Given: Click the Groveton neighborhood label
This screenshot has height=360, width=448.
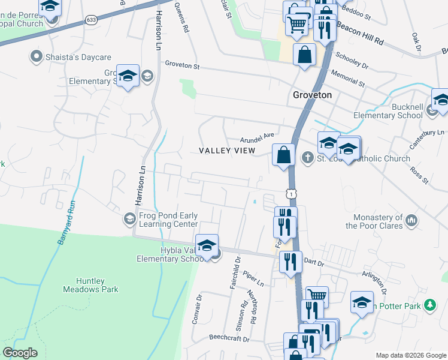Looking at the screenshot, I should [x=312, y=95].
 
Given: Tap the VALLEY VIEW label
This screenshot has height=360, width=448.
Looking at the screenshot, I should [x=227, y=151].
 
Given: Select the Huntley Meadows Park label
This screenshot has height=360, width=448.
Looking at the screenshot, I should [x=90, y=285].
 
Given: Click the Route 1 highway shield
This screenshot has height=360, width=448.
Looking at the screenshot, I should [x=290, y=194].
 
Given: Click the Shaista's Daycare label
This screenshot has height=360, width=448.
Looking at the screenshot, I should [x=78, y=58].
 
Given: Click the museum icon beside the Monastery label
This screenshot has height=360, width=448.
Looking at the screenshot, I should [x=411, y=221].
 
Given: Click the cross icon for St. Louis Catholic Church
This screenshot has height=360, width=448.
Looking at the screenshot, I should [x=308, y=158].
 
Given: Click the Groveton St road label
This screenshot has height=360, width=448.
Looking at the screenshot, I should [x=182, y=65].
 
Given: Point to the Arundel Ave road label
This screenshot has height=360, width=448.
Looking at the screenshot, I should [x=256, y=136].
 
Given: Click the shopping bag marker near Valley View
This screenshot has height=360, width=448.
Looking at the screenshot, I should [x=284, y=155].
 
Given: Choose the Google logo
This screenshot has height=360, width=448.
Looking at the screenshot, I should [x=20, y=353].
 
